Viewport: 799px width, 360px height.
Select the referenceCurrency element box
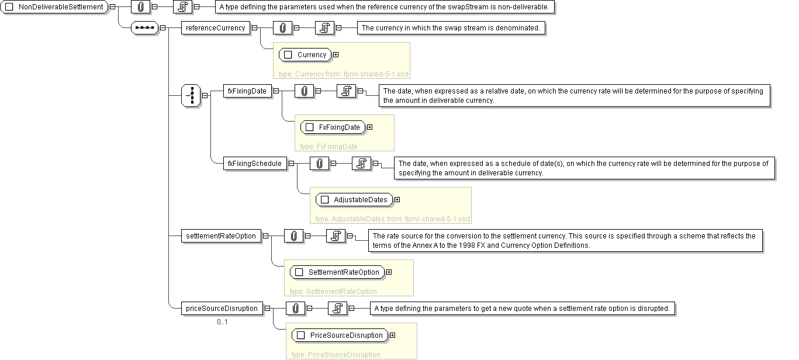pos(215,27)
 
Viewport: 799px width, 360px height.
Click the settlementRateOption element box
pos(220,236)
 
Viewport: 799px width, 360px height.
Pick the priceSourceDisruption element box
pos(222,309)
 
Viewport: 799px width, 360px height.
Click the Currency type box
pos(305,55)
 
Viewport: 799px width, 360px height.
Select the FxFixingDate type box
pos(333,127)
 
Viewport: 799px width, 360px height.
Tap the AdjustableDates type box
pos(354,200)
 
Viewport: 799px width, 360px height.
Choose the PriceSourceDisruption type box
pos(340,335)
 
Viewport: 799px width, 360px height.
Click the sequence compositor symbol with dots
pos(144,27)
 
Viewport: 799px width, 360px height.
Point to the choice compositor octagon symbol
pos(191,95)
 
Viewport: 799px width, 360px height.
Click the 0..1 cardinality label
pos(222,322)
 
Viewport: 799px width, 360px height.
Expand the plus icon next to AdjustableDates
pos(397,200)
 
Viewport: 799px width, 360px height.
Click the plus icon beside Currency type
pos(335,55)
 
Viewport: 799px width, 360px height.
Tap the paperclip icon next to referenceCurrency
pos(282,27)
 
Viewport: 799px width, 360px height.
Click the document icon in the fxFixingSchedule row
pos(361,164)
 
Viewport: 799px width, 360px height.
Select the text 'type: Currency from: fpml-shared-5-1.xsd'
pos(344,74)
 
